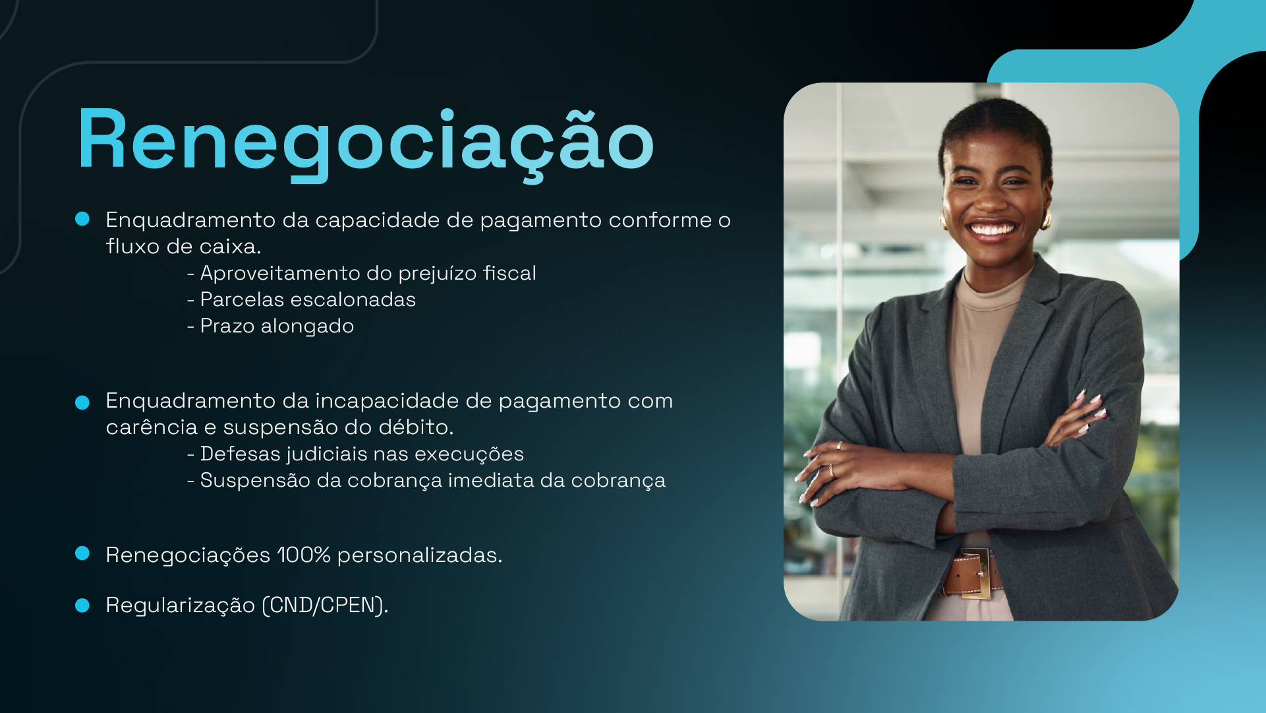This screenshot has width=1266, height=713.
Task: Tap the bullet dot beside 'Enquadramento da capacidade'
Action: (x=82, y=219)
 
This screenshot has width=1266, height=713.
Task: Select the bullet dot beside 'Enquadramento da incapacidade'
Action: (x=82, y=402)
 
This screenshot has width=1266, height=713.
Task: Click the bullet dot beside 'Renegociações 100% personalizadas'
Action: (x=82, y=553)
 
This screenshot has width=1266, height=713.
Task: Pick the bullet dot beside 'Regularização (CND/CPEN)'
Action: (x=82, y=605)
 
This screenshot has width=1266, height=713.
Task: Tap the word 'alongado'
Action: (x=307, y=326)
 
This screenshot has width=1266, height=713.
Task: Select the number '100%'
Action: (x=304, y=555)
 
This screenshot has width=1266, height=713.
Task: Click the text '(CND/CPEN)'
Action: (x=325, y=605)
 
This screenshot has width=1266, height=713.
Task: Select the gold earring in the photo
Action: (x=1045, y=219)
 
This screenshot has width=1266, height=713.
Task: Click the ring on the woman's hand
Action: (x=831, y=471)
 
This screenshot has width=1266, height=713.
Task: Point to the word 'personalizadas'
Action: (x=419, y=555)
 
